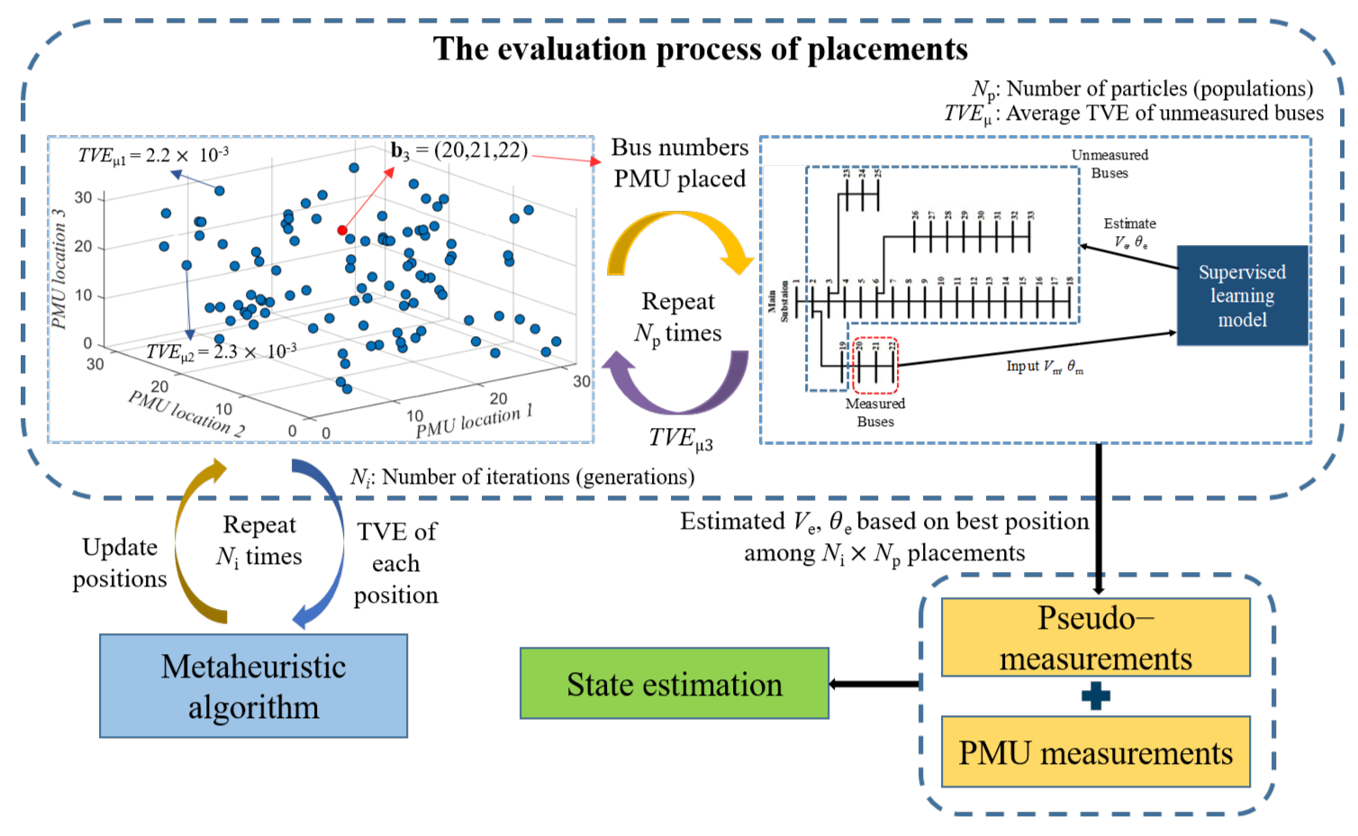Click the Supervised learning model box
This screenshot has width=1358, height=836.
[x=1242, y=295]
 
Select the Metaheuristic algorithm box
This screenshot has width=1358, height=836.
[x=253, y=686]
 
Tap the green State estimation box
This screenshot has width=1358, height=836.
[x=674, y=684]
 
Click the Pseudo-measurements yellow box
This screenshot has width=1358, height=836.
[x=1095, y=638]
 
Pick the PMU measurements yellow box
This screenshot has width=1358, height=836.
[x=1095, y=752]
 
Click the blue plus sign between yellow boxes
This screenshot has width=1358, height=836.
[x=1095, y=696]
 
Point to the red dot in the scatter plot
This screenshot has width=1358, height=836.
[x=342, y=231]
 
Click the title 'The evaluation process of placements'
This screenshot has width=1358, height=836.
[x=700, y=49]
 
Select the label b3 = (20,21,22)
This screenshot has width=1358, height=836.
[x=459, y=150]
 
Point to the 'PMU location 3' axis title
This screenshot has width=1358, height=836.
[x=59, y=269]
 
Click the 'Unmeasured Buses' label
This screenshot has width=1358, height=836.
[x=1109, y=164]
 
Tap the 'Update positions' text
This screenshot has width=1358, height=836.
[x=120, y=563]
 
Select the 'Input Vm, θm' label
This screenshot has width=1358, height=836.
[x=1045, y=367]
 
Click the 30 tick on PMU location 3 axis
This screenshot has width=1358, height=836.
[x=83, y=197]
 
